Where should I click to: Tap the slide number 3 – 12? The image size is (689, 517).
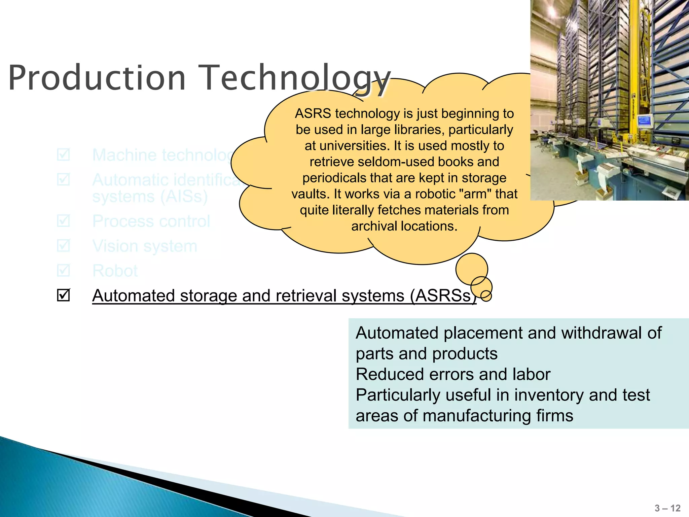tap(667, 508)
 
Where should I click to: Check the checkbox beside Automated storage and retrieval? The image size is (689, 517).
tap(63, 295)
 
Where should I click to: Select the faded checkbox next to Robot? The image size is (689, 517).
tap(63, 270)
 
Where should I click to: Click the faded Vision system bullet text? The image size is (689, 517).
tap(145, 246)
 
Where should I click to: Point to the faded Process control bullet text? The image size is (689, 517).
tap(151, 221)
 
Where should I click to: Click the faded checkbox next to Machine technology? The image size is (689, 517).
tap(63, 155)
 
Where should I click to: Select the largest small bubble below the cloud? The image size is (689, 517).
tap(472, 269)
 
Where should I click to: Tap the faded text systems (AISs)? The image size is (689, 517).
tap(150, 197)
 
